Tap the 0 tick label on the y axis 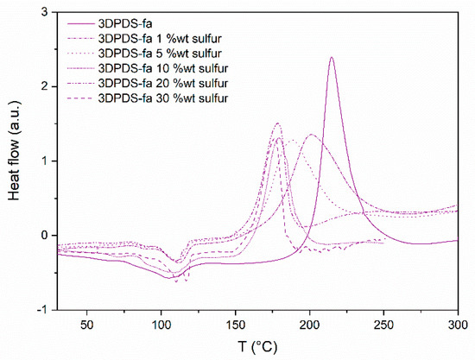(x=43, y=235)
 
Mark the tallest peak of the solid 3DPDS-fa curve (x=331, y=58)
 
